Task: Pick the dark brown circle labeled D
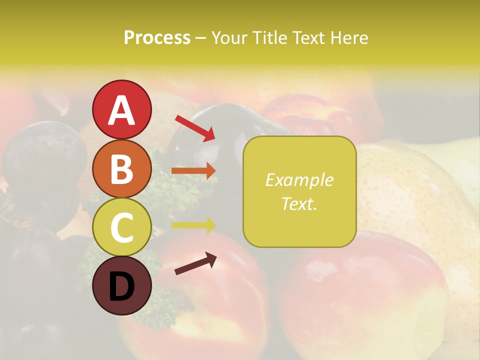[121, 285]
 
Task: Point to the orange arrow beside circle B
[193, 171]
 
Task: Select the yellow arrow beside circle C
[193, 225]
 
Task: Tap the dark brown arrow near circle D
[195, 263]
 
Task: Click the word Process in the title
[157, 37]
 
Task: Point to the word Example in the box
[299, 180]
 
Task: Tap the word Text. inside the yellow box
[299, 203]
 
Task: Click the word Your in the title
[228, 37]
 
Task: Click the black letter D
[121, 287]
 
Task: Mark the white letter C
[121, 228]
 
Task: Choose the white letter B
[121, 169]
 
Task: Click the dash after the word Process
[201, 38]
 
